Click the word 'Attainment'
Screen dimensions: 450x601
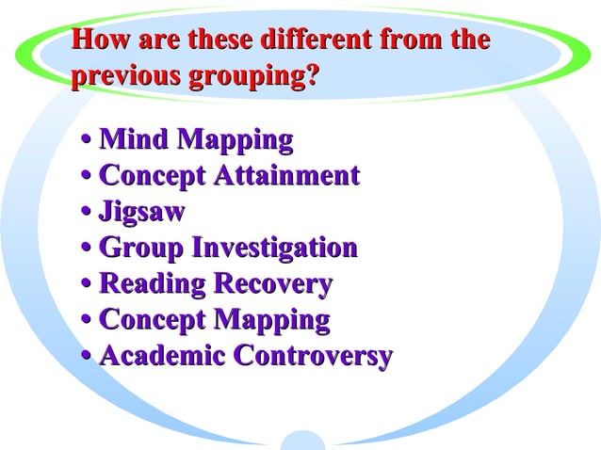287,176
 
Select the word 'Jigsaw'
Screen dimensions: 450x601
141,212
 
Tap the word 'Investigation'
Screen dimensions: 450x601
274,249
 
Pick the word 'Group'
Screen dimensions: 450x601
141,249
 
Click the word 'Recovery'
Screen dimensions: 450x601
273,284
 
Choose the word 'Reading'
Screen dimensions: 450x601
152,284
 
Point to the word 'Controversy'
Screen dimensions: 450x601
313,357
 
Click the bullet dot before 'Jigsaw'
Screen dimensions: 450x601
87,213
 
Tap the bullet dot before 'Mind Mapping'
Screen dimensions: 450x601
87,141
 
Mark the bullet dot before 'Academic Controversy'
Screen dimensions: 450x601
87,358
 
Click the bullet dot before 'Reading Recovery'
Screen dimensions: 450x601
87,285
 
